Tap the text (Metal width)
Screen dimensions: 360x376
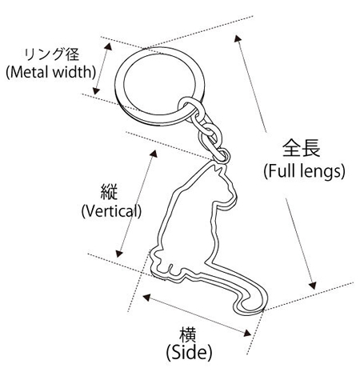point(50,72)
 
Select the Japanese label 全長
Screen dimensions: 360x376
point(302,148)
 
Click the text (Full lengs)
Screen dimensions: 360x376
point(304,171)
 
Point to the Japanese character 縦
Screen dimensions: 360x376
point(109,192)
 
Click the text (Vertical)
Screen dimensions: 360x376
point(111,211)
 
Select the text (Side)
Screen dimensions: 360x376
point(189,353)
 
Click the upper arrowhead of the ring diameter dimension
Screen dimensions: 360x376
point(108,46)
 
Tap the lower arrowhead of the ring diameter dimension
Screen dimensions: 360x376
point(96,90)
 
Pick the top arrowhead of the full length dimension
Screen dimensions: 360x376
point(238,38)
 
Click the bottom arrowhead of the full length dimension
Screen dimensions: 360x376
point(313,286)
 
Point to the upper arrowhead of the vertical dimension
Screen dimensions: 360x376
point(154,154)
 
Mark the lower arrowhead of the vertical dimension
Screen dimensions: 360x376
point(119,254)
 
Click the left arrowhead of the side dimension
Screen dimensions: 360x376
point(147,297)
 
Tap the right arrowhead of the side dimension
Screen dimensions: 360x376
point(247,333)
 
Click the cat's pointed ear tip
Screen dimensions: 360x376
point(215,166)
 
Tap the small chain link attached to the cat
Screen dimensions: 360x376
point(222,154)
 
